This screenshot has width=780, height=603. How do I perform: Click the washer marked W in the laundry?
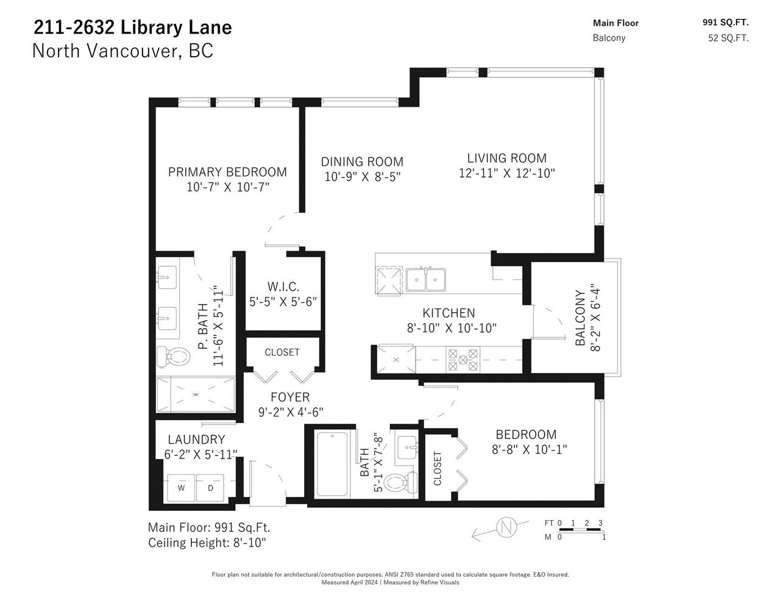point(181,488)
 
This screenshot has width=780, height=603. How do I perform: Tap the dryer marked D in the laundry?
point(210,488)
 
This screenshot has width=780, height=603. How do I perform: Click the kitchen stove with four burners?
point(463,359)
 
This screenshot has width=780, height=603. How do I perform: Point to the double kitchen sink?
point(426,279)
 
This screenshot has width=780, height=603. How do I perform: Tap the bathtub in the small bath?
point(332,464)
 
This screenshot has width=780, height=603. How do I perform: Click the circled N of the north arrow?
point(506,527)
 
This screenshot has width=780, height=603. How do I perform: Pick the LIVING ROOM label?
point(506,158)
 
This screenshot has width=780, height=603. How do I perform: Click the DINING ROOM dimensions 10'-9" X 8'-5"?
point(362,177)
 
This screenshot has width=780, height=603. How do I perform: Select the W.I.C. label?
point(283,287)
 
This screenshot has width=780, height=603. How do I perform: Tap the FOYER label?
point(290,397)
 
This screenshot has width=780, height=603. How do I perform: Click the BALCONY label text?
point(580,318)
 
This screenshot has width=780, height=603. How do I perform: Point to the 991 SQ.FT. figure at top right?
point(725,23)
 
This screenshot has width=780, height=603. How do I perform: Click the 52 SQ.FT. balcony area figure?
point(728,38)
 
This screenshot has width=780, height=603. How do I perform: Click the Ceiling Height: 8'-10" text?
point(207,542)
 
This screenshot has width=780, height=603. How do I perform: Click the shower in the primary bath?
point(196,394)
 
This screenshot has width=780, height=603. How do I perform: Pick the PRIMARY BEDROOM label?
point(227,172)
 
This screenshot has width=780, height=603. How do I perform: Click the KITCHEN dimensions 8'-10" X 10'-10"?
point(452,328)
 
